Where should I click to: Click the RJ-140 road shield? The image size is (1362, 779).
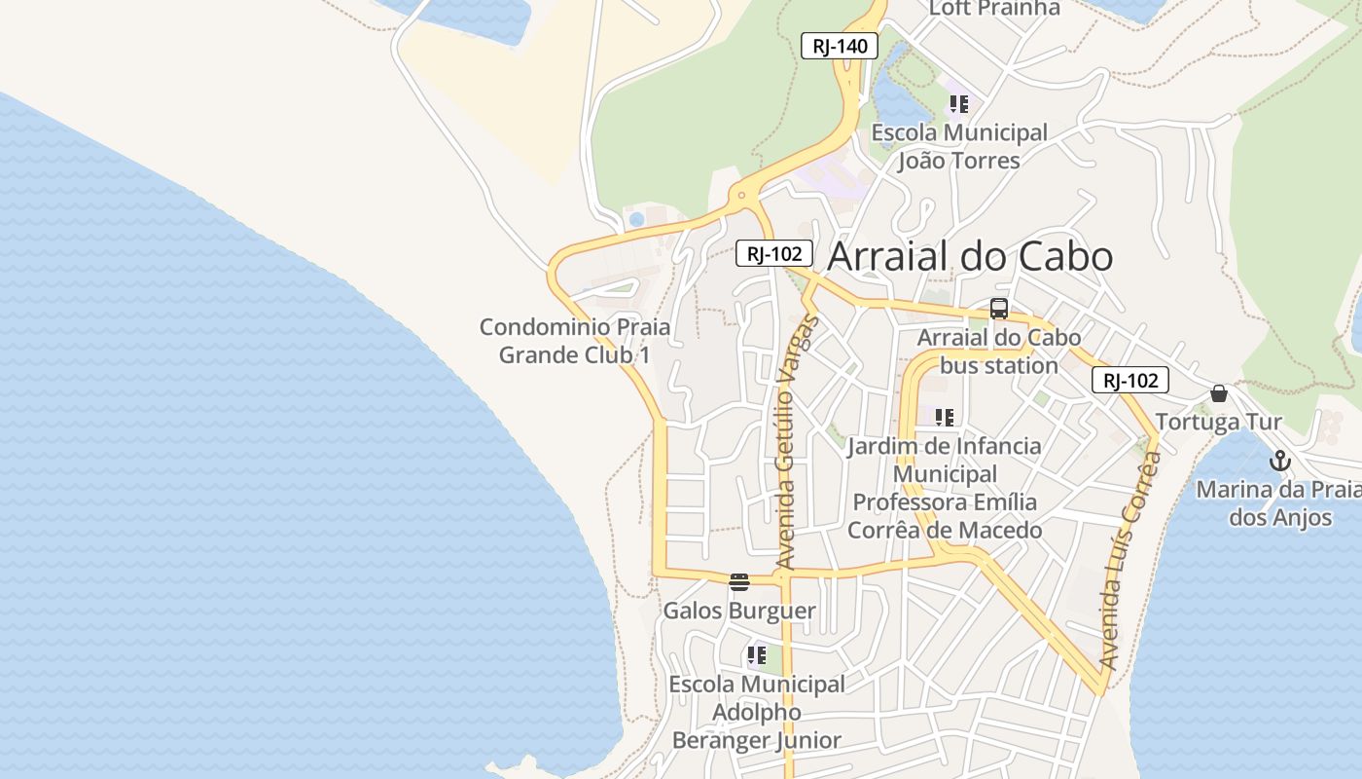pos(840,46)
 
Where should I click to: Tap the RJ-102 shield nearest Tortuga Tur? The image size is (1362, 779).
pos(1129,381)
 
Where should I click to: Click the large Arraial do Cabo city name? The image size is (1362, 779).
pos(970,256)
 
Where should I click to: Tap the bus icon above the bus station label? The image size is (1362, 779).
pos(999,310)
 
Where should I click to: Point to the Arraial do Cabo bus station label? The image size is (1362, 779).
pos(999,352)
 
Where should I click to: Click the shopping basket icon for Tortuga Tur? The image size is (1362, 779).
pos(1219,393)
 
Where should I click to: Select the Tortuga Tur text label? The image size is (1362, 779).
pos(1219,422)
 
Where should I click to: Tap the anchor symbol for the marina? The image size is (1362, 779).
pos(1280,462)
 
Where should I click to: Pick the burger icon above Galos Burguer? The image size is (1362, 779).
pos(739,582)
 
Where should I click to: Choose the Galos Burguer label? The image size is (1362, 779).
pos(739,611)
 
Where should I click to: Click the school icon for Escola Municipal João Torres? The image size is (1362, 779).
pos(959,103)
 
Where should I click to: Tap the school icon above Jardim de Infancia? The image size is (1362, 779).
pos(945,418)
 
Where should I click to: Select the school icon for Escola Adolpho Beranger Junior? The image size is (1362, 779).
pos(757,655)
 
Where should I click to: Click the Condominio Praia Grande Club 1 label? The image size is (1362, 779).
pos(575,341)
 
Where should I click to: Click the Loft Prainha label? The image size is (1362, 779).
pos(994,9)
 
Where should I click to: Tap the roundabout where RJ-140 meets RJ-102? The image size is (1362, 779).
pos(742,195)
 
